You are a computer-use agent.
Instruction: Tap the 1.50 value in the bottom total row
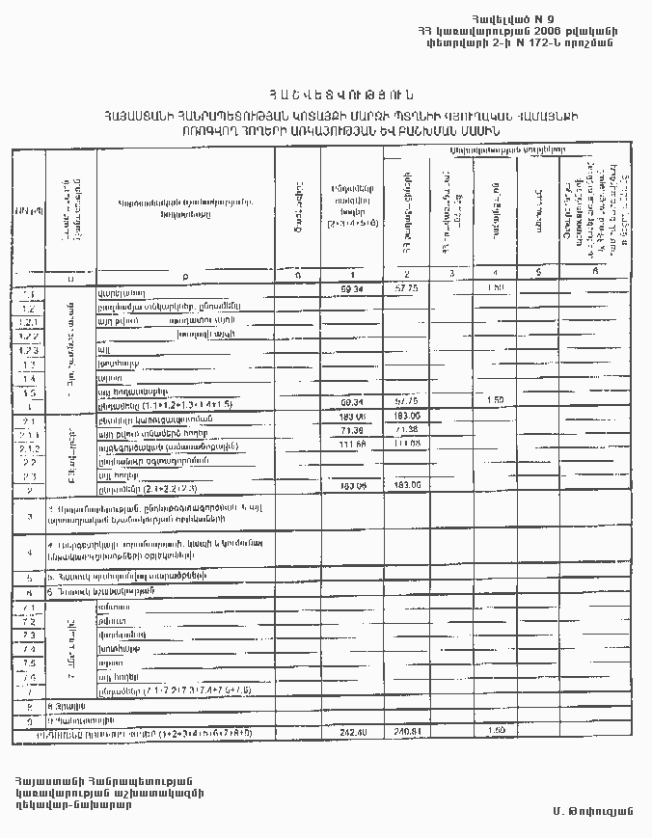497,733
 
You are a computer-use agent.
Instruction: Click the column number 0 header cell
298,277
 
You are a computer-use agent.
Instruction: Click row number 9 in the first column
29,720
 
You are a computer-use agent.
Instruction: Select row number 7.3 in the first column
29,636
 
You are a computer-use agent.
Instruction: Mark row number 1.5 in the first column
29,392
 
